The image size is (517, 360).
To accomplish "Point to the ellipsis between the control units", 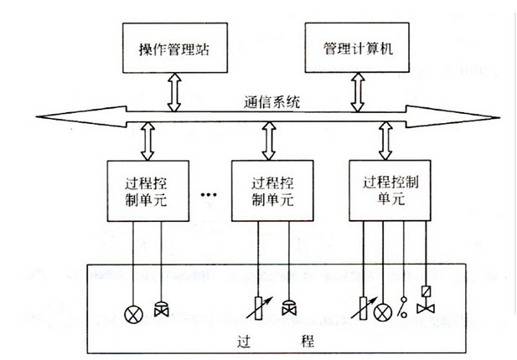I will point(209,195).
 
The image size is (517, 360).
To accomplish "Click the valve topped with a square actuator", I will point(425,301).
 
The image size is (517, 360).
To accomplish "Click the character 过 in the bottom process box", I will point(235,344).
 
